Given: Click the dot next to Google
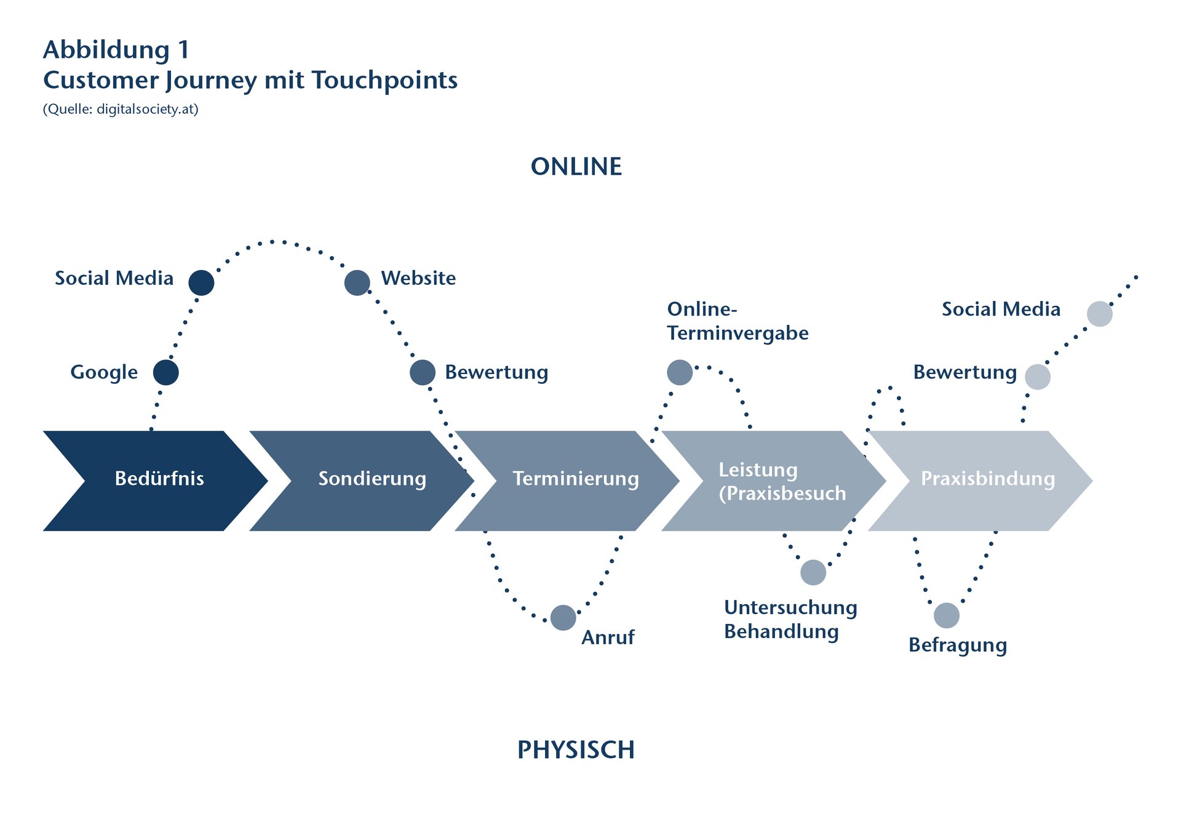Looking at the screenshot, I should click(x=165, y=372).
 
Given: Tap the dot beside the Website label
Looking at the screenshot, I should click(x=357, y=282).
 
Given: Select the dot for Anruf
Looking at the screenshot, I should click(x=563, y=617).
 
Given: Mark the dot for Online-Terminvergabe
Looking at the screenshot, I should click(x=679, y=372).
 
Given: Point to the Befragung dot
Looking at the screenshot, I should click(x=946, y=615).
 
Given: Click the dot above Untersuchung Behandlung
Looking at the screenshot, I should click(x=813, y=572).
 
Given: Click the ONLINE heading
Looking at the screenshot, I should click(x=576, y=167).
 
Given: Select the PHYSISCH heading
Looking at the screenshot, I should click(x=576, y=749).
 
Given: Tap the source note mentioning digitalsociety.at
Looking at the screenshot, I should click(x=121, y=110).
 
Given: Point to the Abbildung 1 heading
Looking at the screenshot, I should click(x=116, y=50).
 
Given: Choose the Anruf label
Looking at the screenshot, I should click(x=608, y=637).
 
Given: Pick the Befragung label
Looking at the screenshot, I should click(x=957, y=645).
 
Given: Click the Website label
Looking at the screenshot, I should click(x=418, y=278).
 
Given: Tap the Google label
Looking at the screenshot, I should click(x=104, y=373).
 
